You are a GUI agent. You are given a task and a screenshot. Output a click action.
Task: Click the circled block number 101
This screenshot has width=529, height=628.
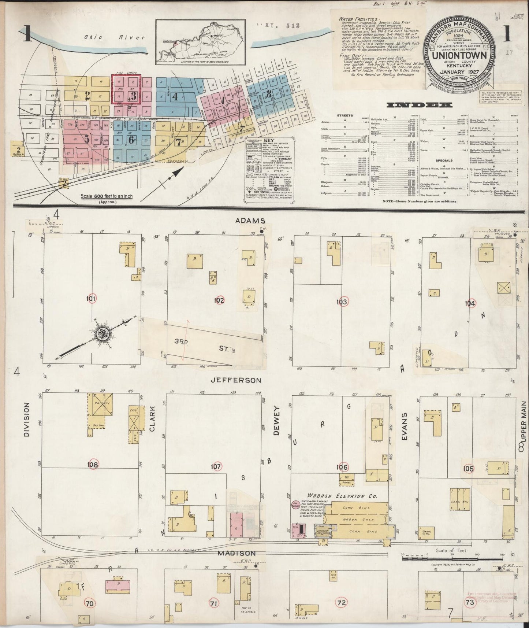92,299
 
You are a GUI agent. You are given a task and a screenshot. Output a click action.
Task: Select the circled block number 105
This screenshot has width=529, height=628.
468,468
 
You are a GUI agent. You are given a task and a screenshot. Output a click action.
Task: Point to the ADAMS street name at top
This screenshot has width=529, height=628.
250,221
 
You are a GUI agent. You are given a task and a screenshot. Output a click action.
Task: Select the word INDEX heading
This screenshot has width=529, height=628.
419,105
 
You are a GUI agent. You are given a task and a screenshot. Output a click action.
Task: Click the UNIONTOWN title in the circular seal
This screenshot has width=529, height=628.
459,55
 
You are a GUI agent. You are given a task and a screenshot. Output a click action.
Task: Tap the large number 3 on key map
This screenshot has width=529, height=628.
133,96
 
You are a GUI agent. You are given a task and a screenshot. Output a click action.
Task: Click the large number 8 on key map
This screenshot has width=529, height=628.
269,93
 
